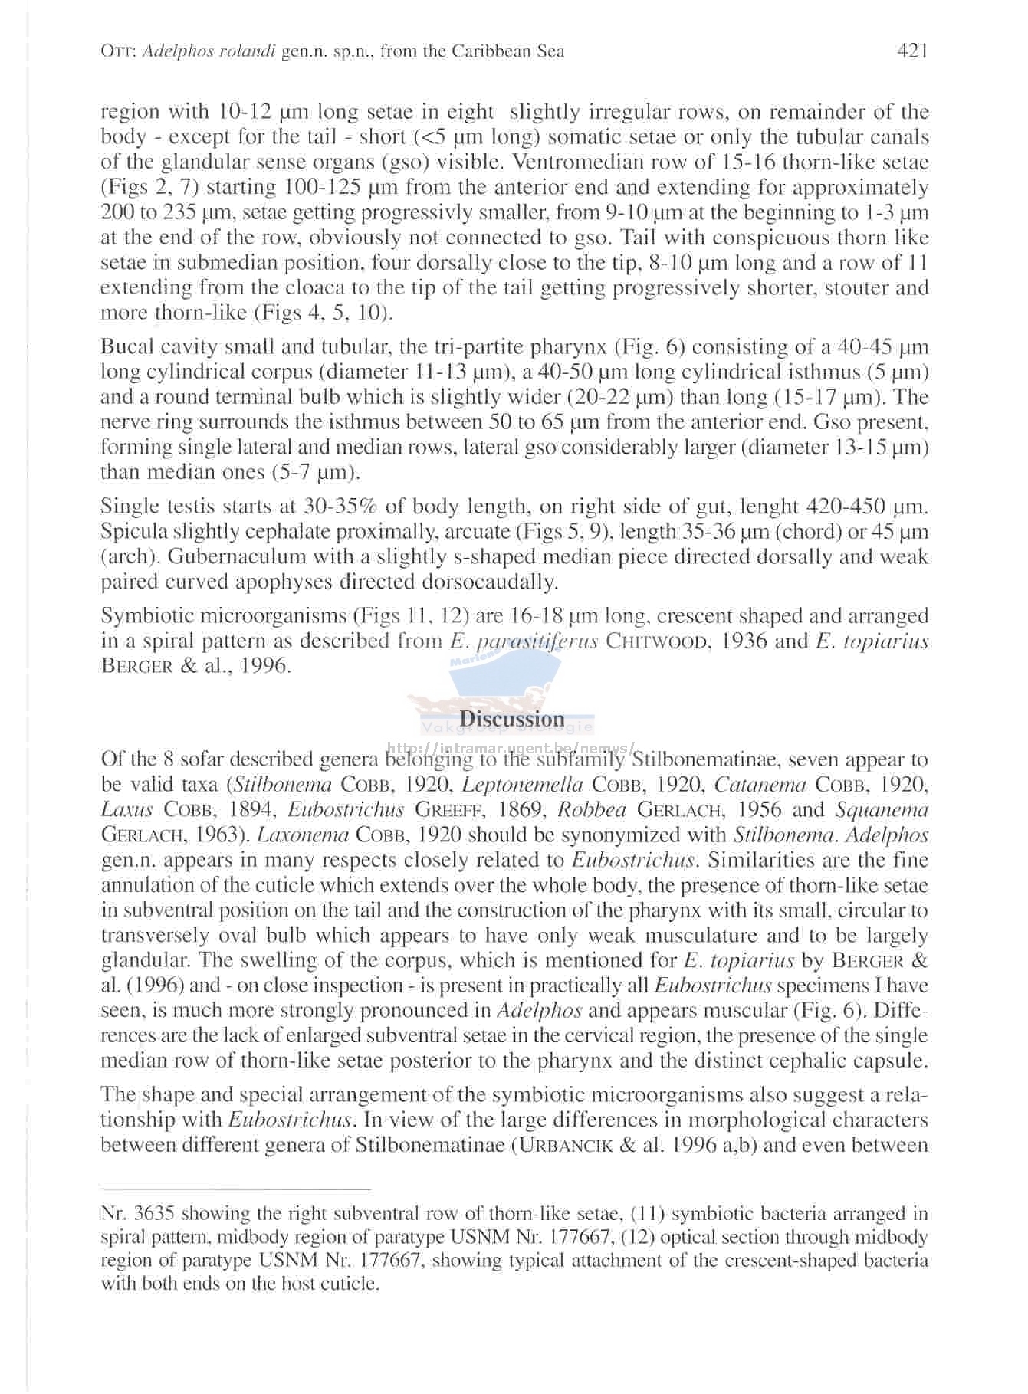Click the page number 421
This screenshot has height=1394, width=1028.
pos(912,51)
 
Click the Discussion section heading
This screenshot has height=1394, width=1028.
pos(512,719)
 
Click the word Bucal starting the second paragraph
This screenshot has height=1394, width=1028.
pos(126,347)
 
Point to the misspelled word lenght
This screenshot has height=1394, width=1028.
pos(768,507)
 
